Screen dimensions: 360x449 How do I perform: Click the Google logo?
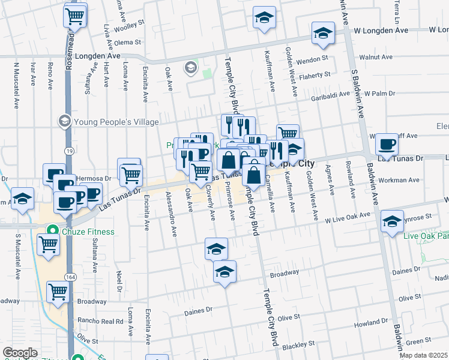[x=20, y=352]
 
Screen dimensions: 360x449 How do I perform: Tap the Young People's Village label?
[x=116, y=122]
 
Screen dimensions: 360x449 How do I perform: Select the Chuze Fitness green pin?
[x=52, y=230]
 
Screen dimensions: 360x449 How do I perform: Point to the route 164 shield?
[x=70, y=277]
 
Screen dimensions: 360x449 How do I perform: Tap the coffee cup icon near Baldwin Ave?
[x=387, y=144]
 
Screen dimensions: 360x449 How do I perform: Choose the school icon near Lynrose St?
[x=392, y=221]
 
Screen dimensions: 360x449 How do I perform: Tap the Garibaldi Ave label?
[x=330, y=94]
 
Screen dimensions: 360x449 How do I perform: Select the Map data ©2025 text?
[x=424, y=355]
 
